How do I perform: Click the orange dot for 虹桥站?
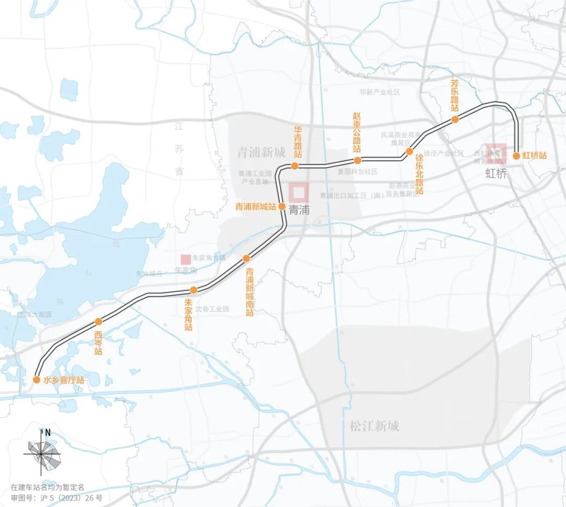(516, 156)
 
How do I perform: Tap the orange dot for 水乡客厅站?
(37, 380)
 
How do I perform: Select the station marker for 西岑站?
(98, 322)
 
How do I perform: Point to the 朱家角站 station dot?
(193, 290)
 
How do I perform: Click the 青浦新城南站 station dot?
(246, 258)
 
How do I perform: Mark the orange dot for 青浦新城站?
(282, 206)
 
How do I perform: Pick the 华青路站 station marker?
(295, 166)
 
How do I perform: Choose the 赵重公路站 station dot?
(357, 160)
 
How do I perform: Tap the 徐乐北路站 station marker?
(409, 151)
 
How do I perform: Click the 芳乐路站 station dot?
(455, 119)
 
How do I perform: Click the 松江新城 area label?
(374, 426)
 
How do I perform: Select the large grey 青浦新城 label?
(261, 152)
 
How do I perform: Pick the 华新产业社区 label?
(379, 92)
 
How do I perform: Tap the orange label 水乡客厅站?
(63, 380)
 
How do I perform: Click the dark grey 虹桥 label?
(496, 174)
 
